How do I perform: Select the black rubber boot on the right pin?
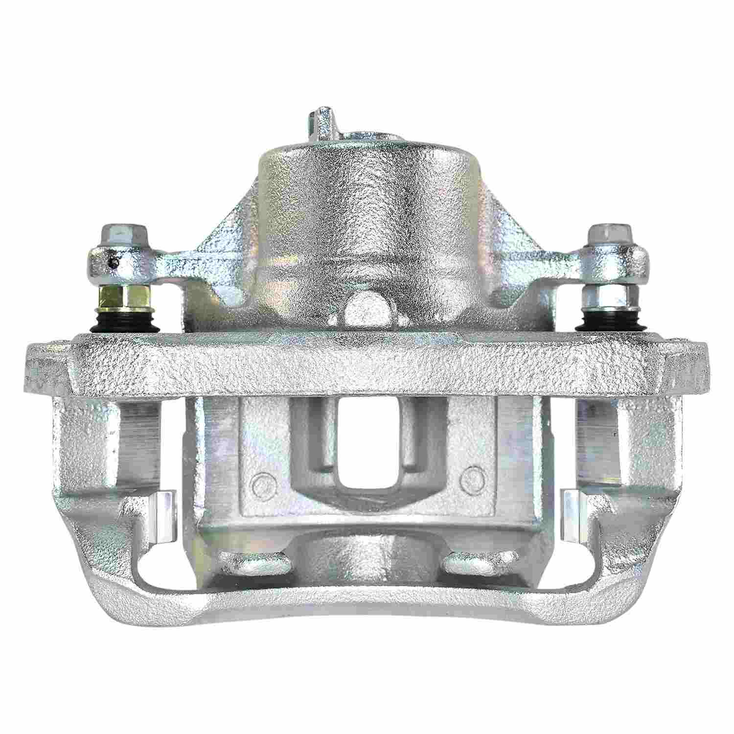[x=606, y=321]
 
